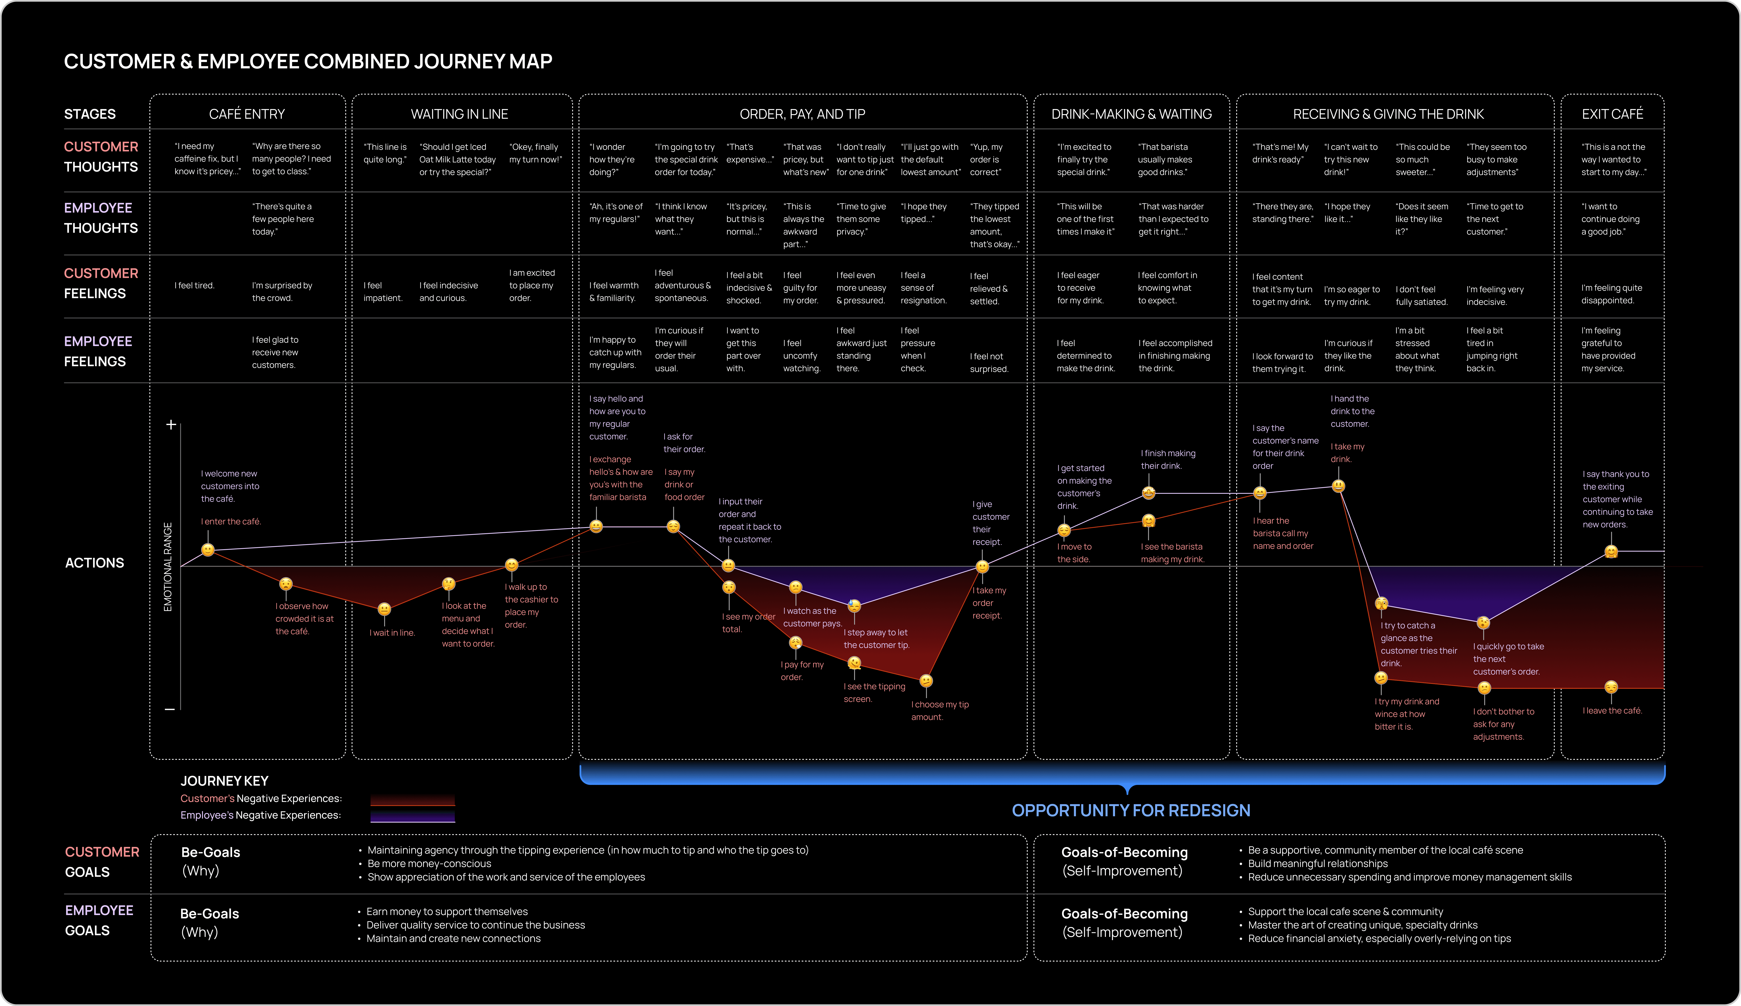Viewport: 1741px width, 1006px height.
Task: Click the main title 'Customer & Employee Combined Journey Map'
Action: point(308,62)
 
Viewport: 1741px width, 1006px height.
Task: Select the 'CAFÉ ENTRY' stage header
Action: point(247,114)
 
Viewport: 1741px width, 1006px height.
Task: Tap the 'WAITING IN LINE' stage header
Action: point(459,114)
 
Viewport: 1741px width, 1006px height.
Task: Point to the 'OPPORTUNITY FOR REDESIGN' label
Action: point(1131,810)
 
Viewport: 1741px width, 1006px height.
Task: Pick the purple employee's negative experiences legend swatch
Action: point(412,816)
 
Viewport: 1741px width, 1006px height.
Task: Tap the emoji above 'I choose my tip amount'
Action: point(926,681)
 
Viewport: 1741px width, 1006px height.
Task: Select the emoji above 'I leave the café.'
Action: point(1611,687)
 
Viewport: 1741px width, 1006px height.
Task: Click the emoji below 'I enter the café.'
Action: point(208,550)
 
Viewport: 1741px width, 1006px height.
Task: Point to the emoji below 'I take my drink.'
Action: point(1338,486)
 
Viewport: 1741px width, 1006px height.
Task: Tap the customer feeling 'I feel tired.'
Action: point(195,285)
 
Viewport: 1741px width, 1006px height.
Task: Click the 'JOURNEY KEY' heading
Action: point(224,781)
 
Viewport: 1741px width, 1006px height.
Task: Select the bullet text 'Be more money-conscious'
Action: point(430,864)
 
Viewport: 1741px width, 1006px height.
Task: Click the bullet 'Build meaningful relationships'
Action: point(1318,864)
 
